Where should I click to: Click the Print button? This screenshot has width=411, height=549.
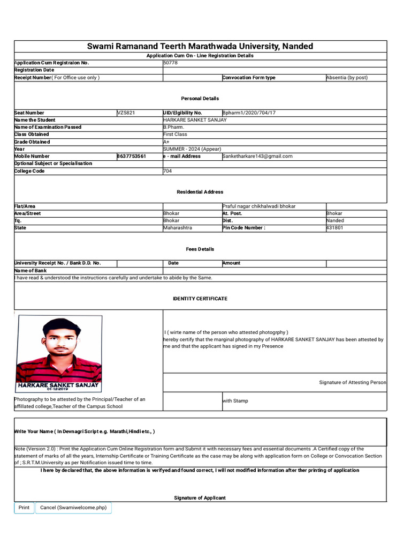(x=24, y=507)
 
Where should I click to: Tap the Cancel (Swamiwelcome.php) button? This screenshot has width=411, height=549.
(x=73, y=507)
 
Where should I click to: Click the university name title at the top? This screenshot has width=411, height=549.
(x=200, y=46)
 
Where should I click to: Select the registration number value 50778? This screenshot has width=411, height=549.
(x=170, y=63)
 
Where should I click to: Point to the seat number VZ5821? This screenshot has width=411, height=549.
(x=126, y=113)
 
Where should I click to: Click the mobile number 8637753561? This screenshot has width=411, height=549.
(x=131, y=156)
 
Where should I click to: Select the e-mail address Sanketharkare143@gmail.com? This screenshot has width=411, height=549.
(x=257, y=156)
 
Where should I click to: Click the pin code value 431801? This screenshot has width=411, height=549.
(x=335, y=228)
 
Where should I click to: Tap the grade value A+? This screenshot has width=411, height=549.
(x=166, y=142)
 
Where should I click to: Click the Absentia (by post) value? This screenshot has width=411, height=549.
(x=347, y=78)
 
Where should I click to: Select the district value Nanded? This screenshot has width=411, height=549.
(x=335, y=220)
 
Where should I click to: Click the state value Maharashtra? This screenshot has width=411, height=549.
(x=177, y=228)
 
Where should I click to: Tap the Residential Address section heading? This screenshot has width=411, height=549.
(x=200, y=192)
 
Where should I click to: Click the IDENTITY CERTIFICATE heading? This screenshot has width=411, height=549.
(x=200, y=299)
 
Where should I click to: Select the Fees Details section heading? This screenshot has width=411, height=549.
(x=200, y=249)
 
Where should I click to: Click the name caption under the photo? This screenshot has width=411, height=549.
(x=58, y=385)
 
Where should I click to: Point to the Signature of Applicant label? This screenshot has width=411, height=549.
(x=200, y=498)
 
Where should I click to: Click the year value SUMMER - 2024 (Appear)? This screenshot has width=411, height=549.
(x=192, y=149)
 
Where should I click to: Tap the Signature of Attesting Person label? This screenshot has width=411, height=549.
(x=352, y=382)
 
